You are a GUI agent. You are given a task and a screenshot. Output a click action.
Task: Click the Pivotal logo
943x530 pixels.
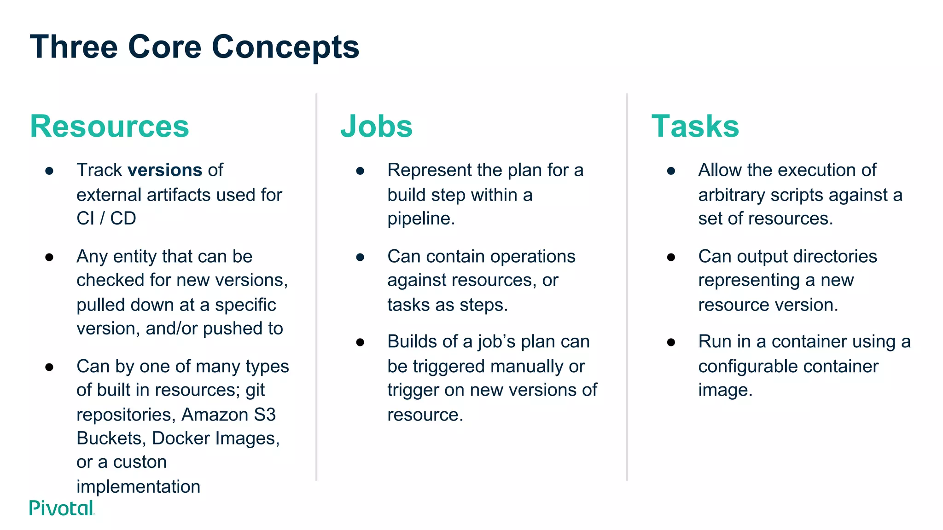(x=62, y=508)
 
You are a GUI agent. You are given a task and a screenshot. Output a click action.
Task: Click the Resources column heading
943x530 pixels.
(x=110, y=126)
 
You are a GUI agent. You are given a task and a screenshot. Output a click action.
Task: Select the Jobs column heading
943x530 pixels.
(x=376, y=126)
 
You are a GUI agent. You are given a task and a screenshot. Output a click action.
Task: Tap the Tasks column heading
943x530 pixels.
(x=695, y=126)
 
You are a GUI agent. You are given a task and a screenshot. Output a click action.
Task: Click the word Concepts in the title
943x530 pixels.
(x=285, y=47)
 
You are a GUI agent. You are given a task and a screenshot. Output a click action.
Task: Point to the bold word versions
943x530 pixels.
(x=165, y=170)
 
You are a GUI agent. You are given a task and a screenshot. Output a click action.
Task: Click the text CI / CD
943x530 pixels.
(x=106, y=219)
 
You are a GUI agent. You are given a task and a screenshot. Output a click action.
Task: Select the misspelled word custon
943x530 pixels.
(x=140, y=462)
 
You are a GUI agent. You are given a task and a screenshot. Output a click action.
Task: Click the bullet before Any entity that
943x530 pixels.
(x=50, y=257)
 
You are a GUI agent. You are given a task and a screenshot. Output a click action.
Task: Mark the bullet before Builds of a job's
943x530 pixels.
(x=361, y=342)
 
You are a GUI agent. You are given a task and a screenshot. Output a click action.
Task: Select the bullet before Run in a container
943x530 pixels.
(x=671, y=342)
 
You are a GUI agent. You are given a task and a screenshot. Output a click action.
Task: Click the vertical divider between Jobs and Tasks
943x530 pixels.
(x=627, y=288)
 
